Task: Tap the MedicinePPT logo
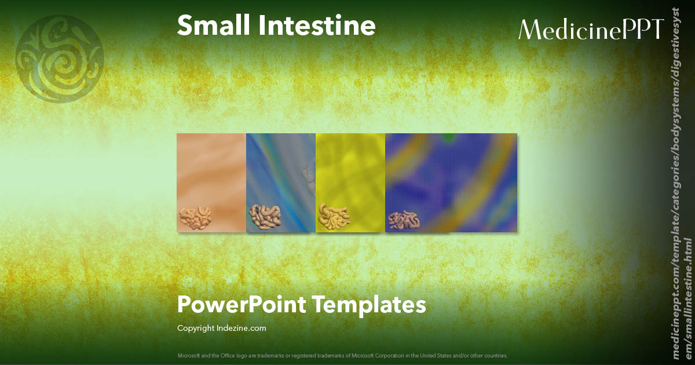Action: coord(591,29)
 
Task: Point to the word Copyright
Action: coord(196,328)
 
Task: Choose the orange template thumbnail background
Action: coord(211,168)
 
